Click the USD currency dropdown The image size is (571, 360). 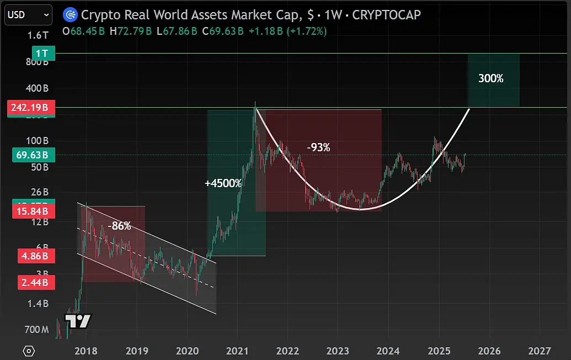click(x=28, y=14)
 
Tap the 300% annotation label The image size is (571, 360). click(x=490, y=79)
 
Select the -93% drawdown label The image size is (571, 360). click(x=318, y=147)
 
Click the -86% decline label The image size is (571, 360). click(x=119, y=226)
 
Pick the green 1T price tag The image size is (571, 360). click(x=43, y=54)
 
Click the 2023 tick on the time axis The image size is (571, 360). click(x=338, y=351)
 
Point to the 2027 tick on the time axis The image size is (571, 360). click(x=539, y=351)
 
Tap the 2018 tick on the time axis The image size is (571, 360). click(x=86, y=351)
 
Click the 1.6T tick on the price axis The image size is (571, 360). click(x=38, y=35)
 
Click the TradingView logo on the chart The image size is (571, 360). click(x=78, y=321)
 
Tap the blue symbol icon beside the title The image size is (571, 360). click(x=70, y=14)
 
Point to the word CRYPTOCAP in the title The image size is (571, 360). click(x=386, y=14)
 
